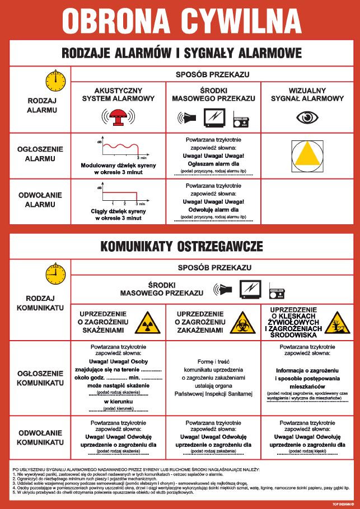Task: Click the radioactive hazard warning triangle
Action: click(x=147, y=322)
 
